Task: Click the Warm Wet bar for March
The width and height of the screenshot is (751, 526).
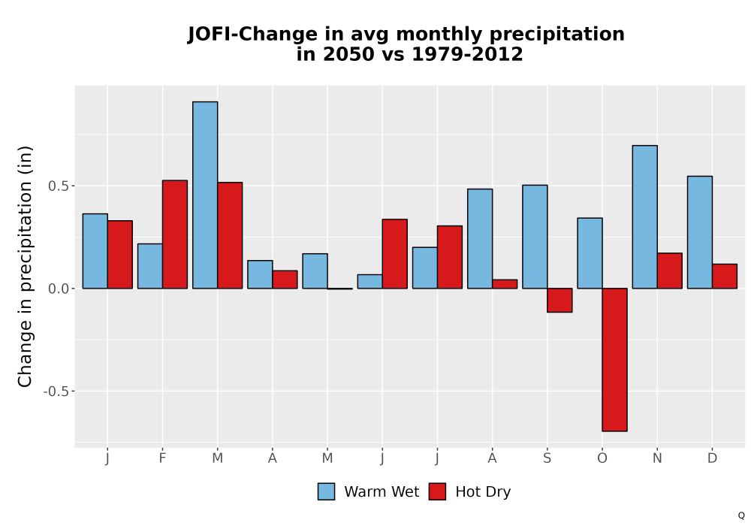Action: click(x=205, y=195)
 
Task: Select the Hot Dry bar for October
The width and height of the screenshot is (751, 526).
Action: click(x=614, y=360)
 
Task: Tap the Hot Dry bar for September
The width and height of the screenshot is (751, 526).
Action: click(x=559, y=301)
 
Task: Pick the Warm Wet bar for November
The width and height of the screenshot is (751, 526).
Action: click(x=644, y=217)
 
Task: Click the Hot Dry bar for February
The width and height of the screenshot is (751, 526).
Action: click(x=175, y=234)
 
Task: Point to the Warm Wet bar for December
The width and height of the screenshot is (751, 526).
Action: click(x=700, y=232)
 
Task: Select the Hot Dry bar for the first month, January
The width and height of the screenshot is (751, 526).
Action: click(x=119, y=255)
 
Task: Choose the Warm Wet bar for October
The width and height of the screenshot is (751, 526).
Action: click(x=590, y=253)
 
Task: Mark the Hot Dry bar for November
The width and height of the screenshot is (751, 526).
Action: click(x=670, y=271)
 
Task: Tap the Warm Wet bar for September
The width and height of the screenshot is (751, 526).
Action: click(x=535, y=237)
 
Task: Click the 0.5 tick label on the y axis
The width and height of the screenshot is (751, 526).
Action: click(x=59, y=186)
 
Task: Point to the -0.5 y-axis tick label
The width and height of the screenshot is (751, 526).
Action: click(x=56, y=391)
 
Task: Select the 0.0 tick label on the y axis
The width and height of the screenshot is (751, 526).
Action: click(x=59, y=289)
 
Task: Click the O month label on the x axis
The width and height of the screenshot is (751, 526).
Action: click(x=602, y=458)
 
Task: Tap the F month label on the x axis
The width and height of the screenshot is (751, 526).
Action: click(x=162, y=458)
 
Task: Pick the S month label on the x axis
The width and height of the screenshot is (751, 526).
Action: click(x=547, y=458)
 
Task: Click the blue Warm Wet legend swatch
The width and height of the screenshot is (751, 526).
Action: click(x=326, y=491)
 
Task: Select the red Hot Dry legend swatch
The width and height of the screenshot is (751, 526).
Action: click(x=437, y=491)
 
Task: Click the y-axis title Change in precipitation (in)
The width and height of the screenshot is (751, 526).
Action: click(x=25, y=266)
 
